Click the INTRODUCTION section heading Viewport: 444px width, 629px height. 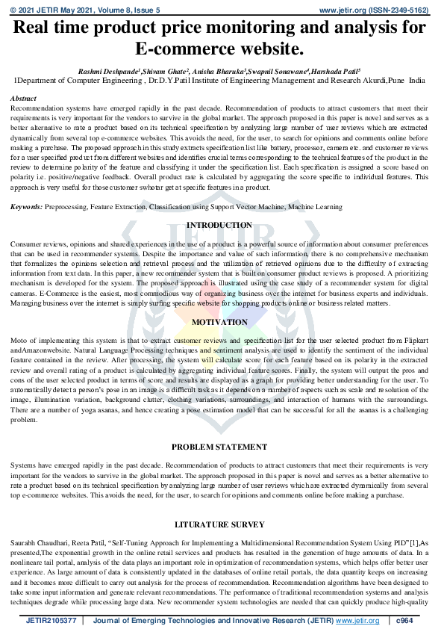click(x=219, y=225)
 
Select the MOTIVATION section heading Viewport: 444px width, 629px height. click(x=219, y=322)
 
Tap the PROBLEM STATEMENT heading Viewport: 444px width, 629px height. click(x=219, y=447)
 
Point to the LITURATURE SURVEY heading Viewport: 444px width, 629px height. click(x=219, y=524)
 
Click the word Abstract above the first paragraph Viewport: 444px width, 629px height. click(x=24, y=99)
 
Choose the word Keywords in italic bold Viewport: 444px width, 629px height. click(x=26, y=205)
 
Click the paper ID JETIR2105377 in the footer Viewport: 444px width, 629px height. click(x=49, y=620)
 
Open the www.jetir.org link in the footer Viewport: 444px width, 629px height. click(x=356, y=620)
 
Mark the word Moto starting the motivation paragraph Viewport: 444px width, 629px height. click(x=19, y=341)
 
